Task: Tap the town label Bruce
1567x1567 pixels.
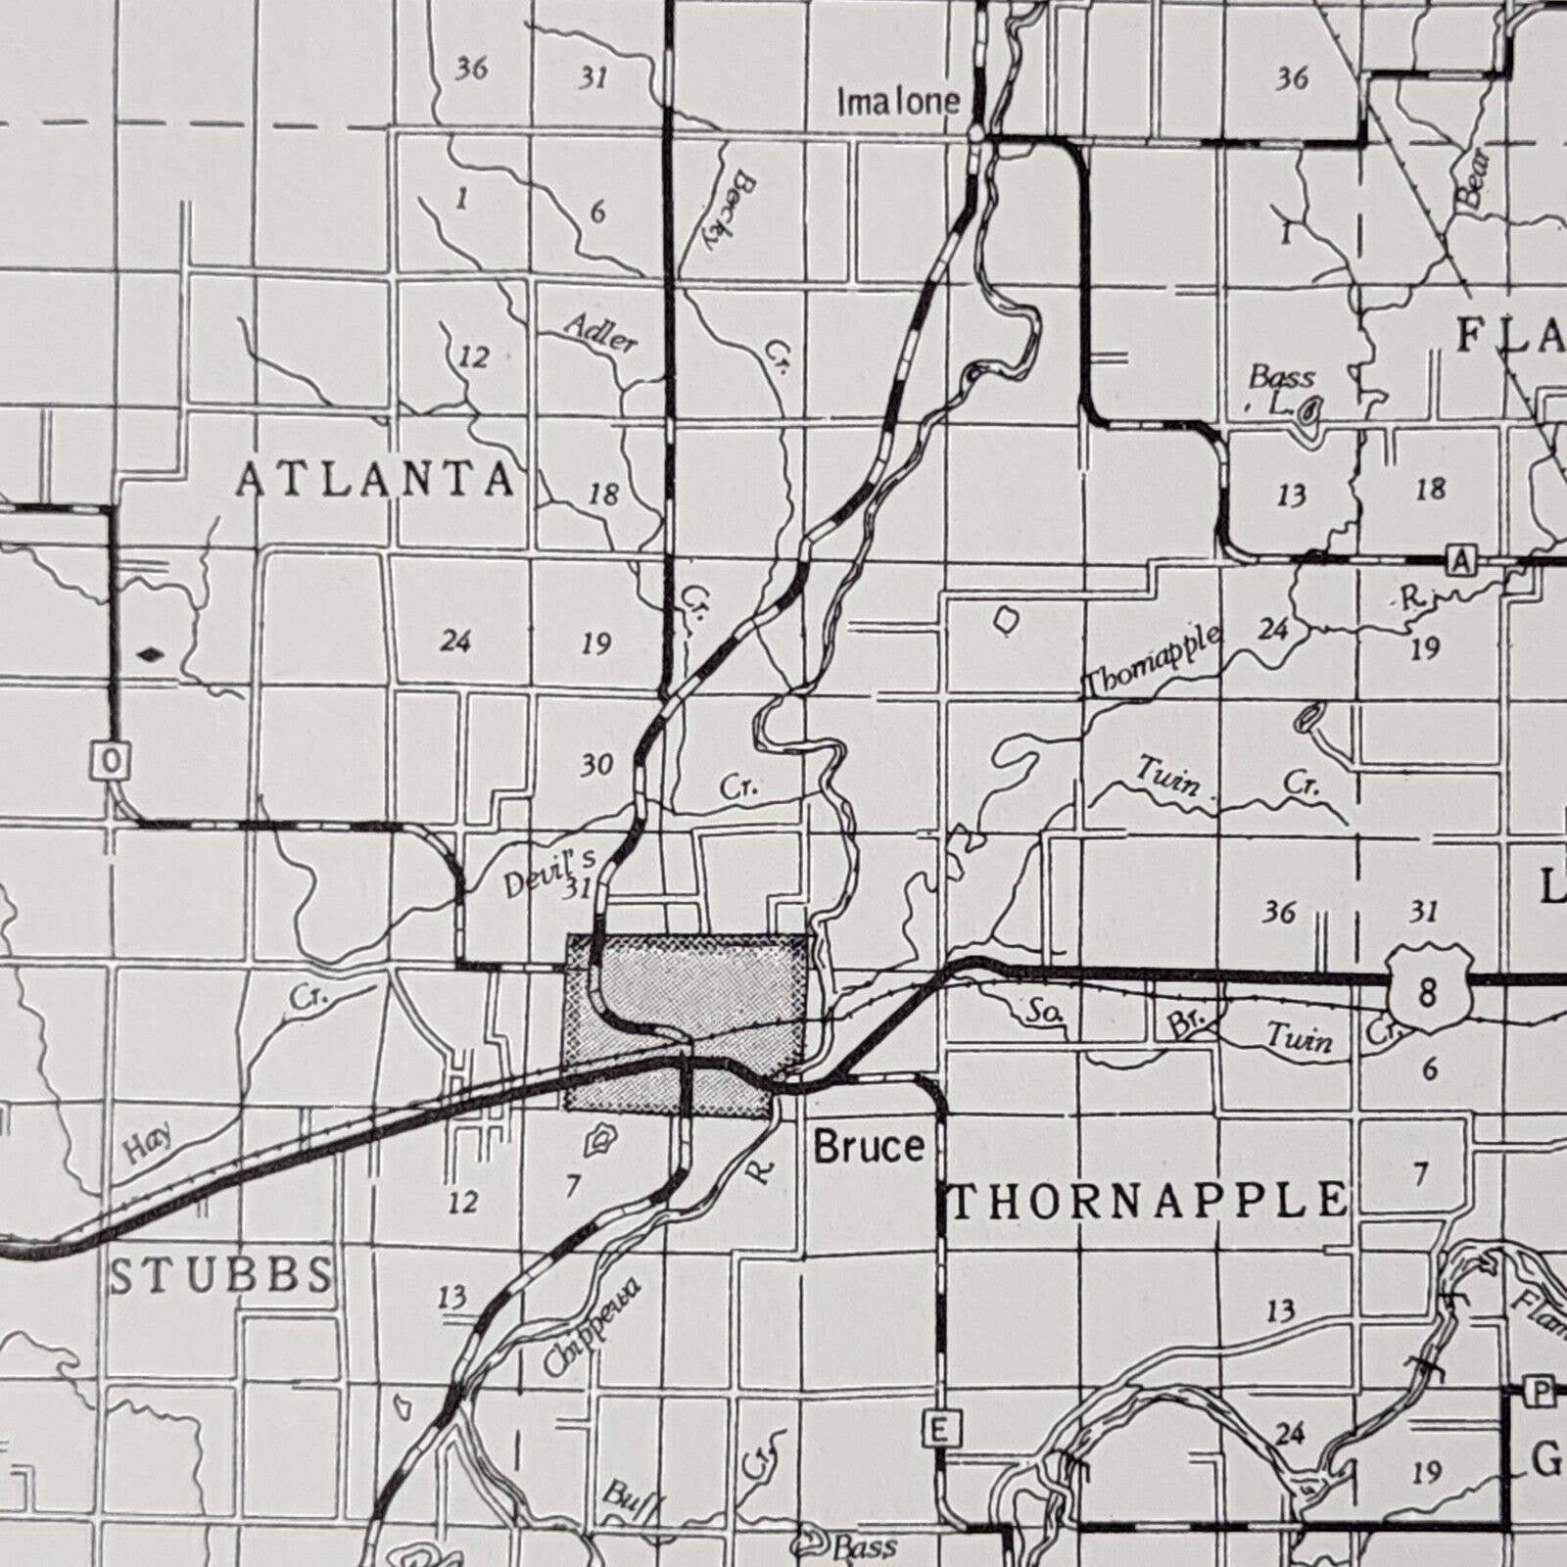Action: point(869,1146)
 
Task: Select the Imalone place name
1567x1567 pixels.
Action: point(897,101)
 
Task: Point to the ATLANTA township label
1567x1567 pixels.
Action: point(376,480)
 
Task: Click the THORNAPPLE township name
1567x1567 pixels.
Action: point(1148,1201)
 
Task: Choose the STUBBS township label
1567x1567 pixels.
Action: point(221,1275)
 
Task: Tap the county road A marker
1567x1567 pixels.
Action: point(1460,561)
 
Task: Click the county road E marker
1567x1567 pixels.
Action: point(938,1429)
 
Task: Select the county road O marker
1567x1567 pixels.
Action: point(112,760)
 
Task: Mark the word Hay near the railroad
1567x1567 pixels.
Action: point(149,1142)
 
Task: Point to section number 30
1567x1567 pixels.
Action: point(596,764)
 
